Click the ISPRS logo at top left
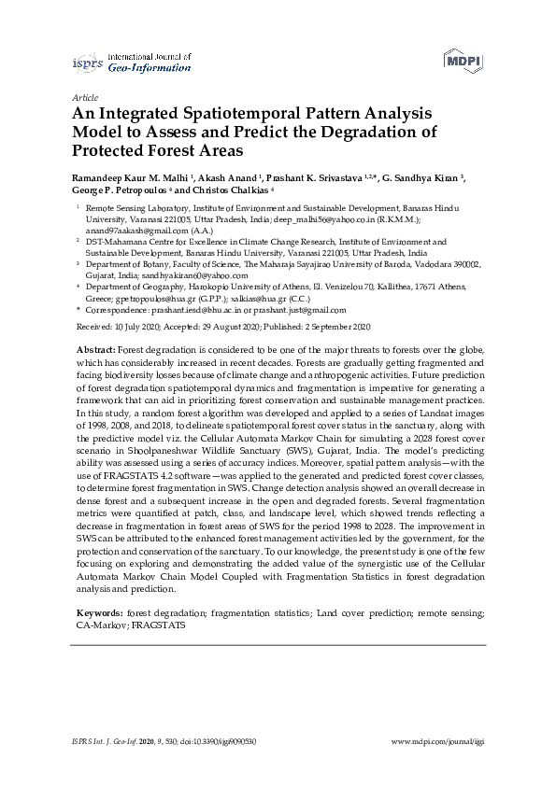point(88,63)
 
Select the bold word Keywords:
point(99,613)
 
